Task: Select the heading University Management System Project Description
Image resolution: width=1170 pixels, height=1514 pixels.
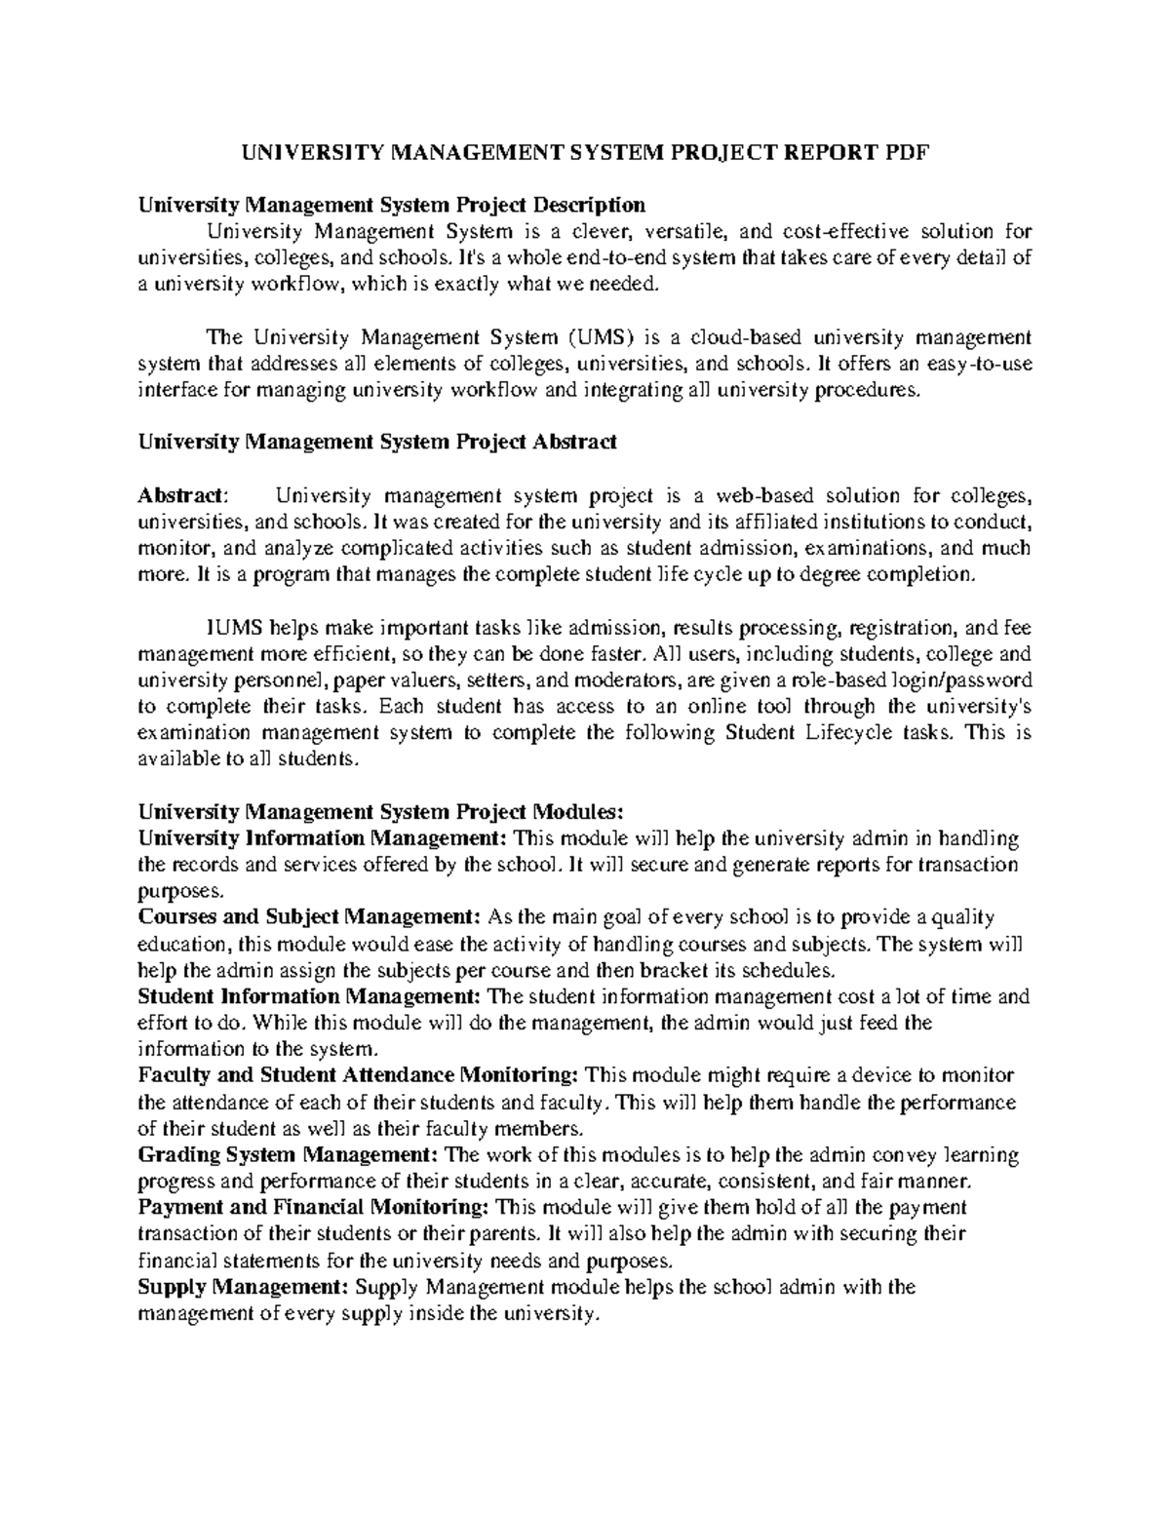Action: [391, 205]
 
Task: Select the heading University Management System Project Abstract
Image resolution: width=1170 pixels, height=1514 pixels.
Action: [377, 442]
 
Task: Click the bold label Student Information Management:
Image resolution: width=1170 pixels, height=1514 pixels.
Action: [310, 996]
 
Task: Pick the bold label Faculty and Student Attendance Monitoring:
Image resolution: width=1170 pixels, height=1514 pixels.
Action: [359, 1075]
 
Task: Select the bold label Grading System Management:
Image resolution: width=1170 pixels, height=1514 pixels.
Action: [289, 1155]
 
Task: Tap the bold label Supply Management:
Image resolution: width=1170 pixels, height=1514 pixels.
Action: [243, 1287]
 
